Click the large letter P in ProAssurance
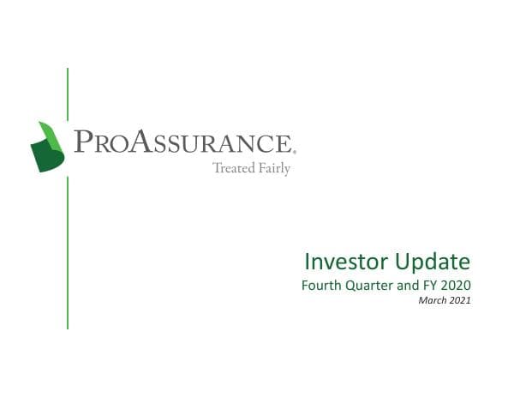pyautogui.click(x=83, y=142)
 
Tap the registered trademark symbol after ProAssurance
pyautogui.click(x=294, y=150)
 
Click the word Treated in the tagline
pyautogui.click(x=232, y=168)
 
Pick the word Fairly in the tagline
pyautogui.click(x=273, y=169)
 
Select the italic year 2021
pyautogui.click(x=459, y=300)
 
